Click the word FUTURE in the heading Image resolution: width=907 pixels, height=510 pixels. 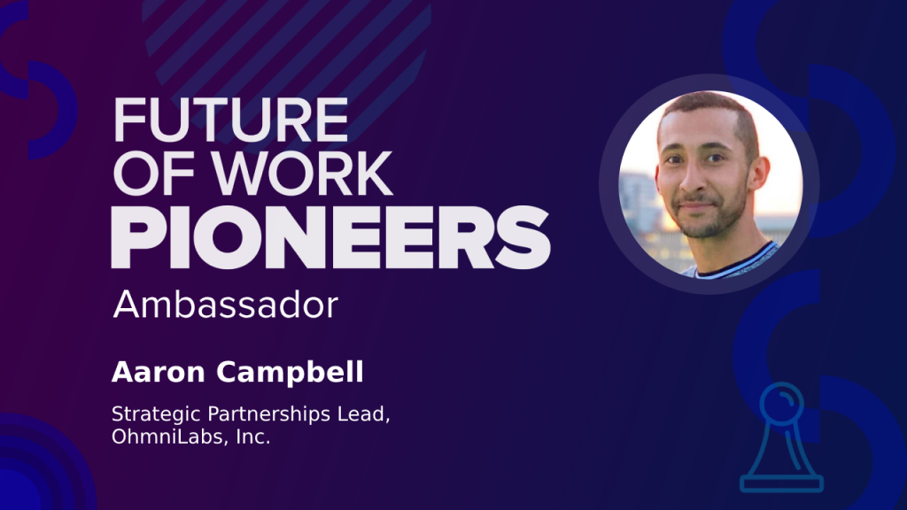(231, 120)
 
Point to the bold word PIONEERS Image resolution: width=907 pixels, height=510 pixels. (330, 237)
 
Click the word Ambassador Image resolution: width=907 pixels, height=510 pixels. (226, 305)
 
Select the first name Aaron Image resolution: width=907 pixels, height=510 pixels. (159, 372)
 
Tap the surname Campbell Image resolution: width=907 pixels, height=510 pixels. (290, 373)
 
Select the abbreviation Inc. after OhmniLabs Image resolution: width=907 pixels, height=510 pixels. (252, 437)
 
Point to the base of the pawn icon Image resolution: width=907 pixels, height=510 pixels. (781, 483)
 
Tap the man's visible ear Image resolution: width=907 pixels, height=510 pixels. (759, 176)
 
